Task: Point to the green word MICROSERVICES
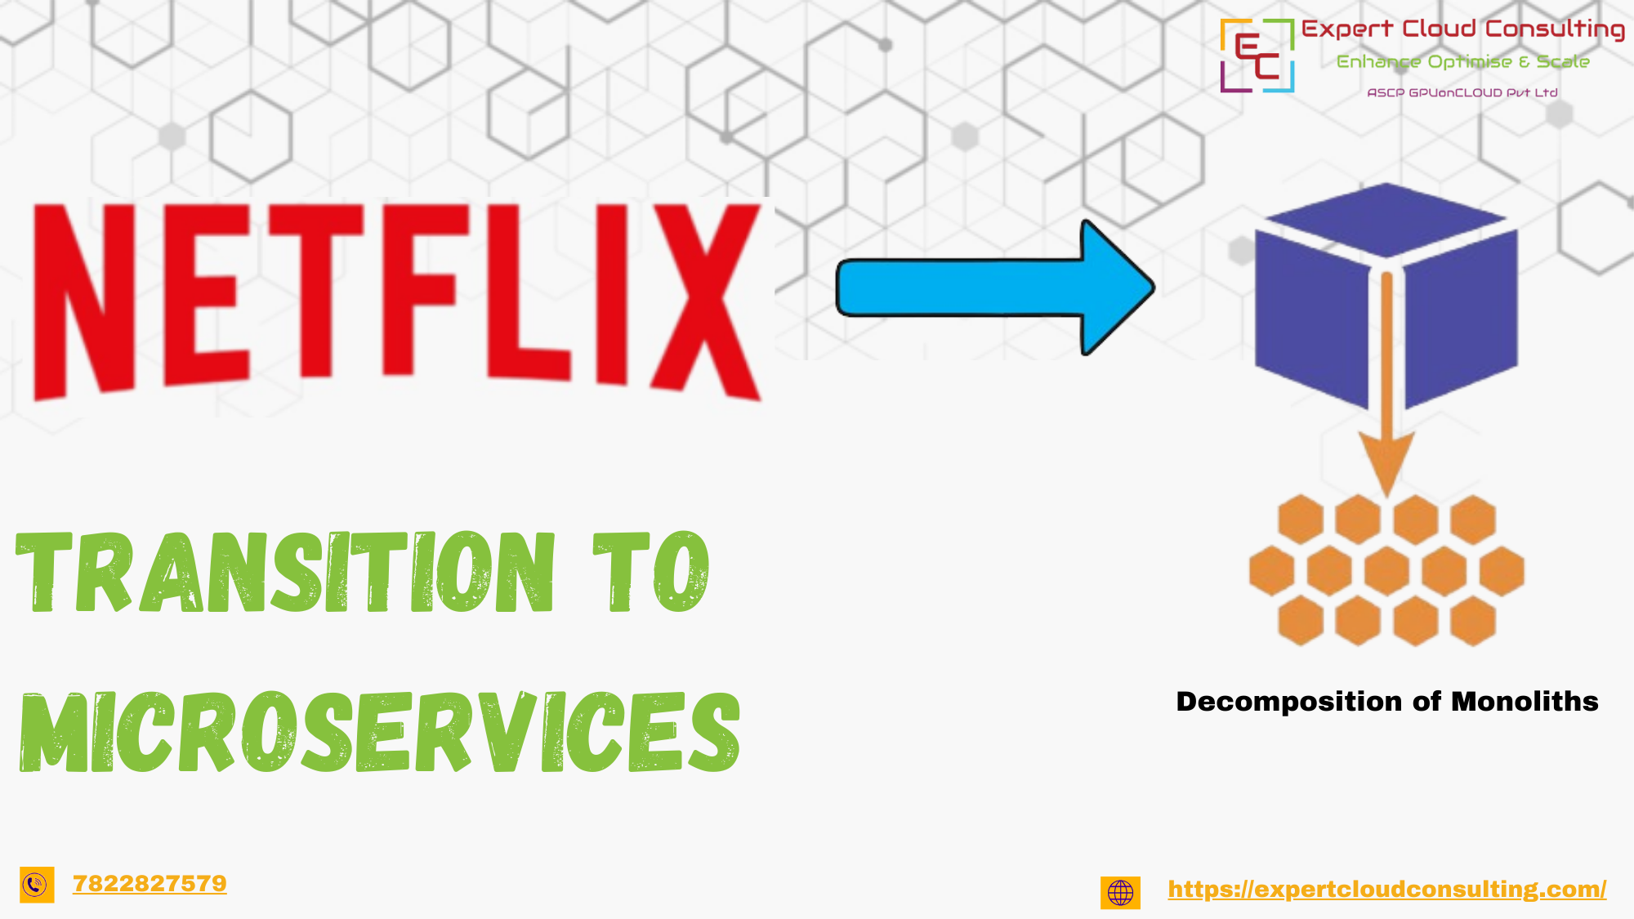(380, 732)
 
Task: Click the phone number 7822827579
(150, 884)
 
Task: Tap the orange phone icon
(37, 885)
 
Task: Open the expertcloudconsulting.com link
(1386, 889)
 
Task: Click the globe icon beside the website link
(1120, 893)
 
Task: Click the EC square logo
(1257, 56)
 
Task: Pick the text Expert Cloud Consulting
(1462, 29)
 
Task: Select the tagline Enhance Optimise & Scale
(1462, 62)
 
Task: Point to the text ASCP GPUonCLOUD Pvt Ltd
(1462, 93)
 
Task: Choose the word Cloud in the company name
(1439, 29)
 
